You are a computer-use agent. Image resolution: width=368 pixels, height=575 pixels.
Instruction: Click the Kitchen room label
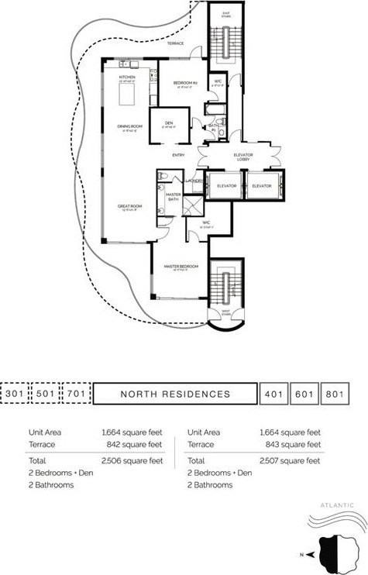click(127, 77)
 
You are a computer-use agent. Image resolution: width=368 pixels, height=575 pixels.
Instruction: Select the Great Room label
click(127, 205)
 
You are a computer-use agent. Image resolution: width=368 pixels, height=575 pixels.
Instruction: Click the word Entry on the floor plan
click(177, 155)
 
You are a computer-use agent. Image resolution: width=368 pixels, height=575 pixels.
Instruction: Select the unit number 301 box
click(15, 394)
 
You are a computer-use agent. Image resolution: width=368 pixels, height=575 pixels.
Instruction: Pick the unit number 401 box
click(272, 394)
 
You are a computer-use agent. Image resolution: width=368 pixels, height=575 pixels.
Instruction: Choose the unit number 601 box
click(302, 394)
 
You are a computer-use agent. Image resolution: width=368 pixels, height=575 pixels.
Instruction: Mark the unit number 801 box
click(333, 394)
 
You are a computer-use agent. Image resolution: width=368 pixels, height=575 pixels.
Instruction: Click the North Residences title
click(175, 394)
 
